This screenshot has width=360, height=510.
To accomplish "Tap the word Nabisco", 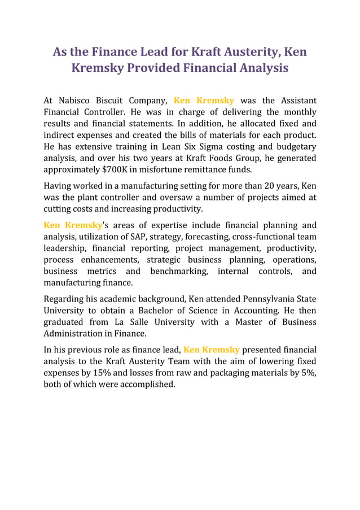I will [x=77, y=101].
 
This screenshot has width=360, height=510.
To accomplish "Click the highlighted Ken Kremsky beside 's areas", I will [x=73, y=225].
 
